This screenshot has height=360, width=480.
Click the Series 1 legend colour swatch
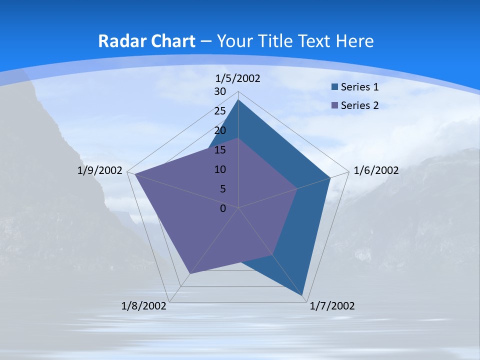(x=334, y=87)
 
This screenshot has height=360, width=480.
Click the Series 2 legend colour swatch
(x=334, y=105)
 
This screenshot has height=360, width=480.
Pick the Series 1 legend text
(x=359, y=87)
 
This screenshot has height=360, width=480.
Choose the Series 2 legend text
(x=359, y=105)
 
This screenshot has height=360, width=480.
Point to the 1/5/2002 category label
(x=238, y=78)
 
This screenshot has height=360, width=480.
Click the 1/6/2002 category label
(x=376, y=170)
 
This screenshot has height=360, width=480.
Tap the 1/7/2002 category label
(x=332, y=306)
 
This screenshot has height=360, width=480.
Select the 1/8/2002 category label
(x=144, y=306)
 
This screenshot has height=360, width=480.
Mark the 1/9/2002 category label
(x=100, y=170)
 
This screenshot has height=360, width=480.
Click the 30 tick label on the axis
(x=220, y=91)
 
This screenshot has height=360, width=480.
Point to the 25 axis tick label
(x=220, y=111)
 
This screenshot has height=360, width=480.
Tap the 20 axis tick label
(x=220, y=130)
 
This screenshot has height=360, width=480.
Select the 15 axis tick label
(x=220, y=150)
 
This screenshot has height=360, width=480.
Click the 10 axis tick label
(x=220, y=169)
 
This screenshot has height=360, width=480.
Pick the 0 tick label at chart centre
(x=223, y=208)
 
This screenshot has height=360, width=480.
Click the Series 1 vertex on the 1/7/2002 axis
(x=302, y=295)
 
